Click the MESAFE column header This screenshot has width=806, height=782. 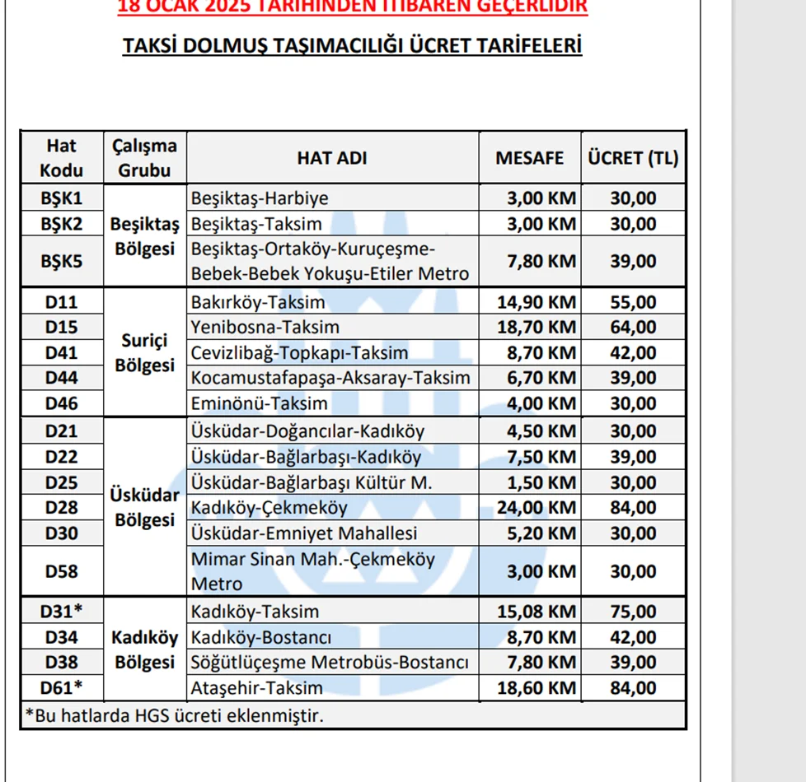(x=529, y=158)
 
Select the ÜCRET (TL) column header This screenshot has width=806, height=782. (x=633, y=158)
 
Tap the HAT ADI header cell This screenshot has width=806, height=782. (x=332, y=158)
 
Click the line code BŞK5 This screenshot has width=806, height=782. (x=62, y=262)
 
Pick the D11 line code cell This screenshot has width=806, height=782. (x=62, y=302)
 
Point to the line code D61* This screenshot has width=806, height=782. (x=62, y=687)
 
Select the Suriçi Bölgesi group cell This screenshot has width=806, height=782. (x=144, y=352)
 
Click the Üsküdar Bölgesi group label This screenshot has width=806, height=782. (x=144, y=508)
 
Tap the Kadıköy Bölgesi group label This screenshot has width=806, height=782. (x=144, y=649)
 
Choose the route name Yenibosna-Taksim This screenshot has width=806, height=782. (x=265, y=328)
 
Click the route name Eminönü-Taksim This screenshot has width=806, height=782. (x=259, y=403)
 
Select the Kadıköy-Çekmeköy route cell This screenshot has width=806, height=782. (x=269, y=508)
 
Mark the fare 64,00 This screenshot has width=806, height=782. (x=633, y=328)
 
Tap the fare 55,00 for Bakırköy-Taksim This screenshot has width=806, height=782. (x=633, y=302)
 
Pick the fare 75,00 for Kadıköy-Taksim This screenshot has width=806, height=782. (x=633, y=612)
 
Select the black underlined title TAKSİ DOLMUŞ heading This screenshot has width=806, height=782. (x=352, y=45)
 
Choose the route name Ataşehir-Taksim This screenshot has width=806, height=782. (x=257, y=687)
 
